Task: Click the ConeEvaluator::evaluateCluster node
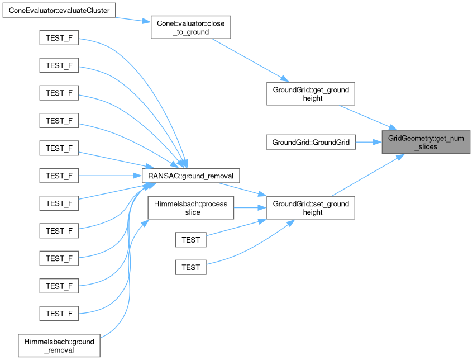[x=59, y=11]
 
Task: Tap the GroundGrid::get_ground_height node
[x=310, y=93]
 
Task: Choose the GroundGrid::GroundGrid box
[x=310, y=142]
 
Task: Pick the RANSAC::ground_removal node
[x=191, y=175]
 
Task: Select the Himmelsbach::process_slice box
[x=190, y=208]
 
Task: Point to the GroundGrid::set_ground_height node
[x=310, y=208]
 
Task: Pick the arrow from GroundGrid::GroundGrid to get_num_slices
[x=369, y=142]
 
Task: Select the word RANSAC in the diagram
[x=160, y=175]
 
